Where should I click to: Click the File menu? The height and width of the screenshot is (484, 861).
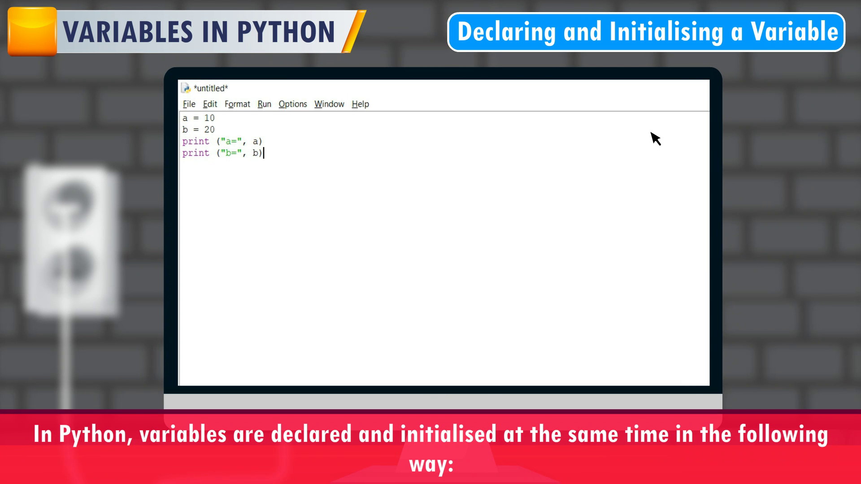[189, 104]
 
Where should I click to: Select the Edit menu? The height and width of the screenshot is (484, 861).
[210, 104]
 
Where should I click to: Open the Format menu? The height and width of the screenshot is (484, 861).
[237, 104]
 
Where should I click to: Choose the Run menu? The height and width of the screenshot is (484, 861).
[264, 104]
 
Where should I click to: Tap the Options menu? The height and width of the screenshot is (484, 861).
[293, 104]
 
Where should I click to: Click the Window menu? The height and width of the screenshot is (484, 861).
[329, 104]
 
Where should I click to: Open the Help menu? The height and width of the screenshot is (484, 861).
[360, 104]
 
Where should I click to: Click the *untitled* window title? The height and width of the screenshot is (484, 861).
[211, 88]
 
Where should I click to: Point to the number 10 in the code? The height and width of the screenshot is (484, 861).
[209, 118]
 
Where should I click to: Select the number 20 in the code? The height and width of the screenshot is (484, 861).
[209, 130]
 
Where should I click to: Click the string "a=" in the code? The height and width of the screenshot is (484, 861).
[231, 141]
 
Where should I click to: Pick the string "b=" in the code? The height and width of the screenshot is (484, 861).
[231, 153]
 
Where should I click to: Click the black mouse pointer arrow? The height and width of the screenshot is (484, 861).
[655, 138]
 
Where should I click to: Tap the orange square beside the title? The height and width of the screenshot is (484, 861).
[32, 31]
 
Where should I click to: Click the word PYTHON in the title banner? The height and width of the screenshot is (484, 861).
[286, 32]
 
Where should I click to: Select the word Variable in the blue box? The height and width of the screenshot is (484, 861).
[794, 31]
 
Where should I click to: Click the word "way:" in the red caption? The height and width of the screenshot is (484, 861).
[431, 464]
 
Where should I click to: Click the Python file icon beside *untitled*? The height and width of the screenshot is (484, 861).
[186, 88]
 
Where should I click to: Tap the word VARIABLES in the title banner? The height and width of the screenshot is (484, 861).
[128, 32]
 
